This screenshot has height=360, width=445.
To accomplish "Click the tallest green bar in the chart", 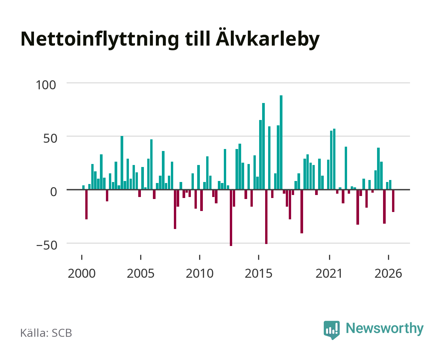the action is (x=281, y=142).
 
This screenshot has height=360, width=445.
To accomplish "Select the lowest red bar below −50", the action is (x=231, y=218).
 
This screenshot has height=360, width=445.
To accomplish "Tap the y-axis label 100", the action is (x=46, y=85).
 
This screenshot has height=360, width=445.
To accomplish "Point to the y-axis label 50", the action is (x=50, y=138).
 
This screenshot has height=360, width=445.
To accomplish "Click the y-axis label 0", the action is (x=54, y=192).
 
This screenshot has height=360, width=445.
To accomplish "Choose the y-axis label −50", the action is (x=47, y=245).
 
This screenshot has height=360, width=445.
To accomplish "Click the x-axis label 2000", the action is (x=82, y=273).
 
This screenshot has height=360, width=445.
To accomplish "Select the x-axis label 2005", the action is (x=141, y=273).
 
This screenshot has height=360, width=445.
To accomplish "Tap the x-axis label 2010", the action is (x=200, y=273).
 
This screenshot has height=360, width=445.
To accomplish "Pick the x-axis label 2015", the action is (x=258, y=273).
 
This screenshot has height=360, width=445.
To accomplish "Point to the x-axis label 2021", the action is (x=329, y=273).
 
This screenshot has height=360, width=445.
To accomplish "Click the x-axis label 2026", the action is (x=388, y=273).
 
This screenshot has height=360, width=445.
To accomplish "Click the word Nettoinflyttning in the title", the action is (x=100, y=39).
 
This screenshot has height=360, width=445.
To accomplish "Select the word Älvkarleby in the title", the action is (x=267, y=38).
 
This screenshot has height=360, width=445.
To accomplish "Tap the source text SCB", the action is (x=62, y=333).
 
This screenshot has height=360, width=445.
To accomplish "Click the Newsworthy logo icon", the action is (x=331, y=330).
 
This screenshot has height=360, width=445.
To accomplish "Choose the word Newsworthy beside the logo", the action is (x=385, y=329).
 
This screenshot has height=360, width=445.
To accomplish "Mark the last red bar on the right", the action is (x=393, y=201).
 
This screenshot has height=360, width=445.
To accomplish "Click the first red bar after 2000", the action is (x=86, y=204).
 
